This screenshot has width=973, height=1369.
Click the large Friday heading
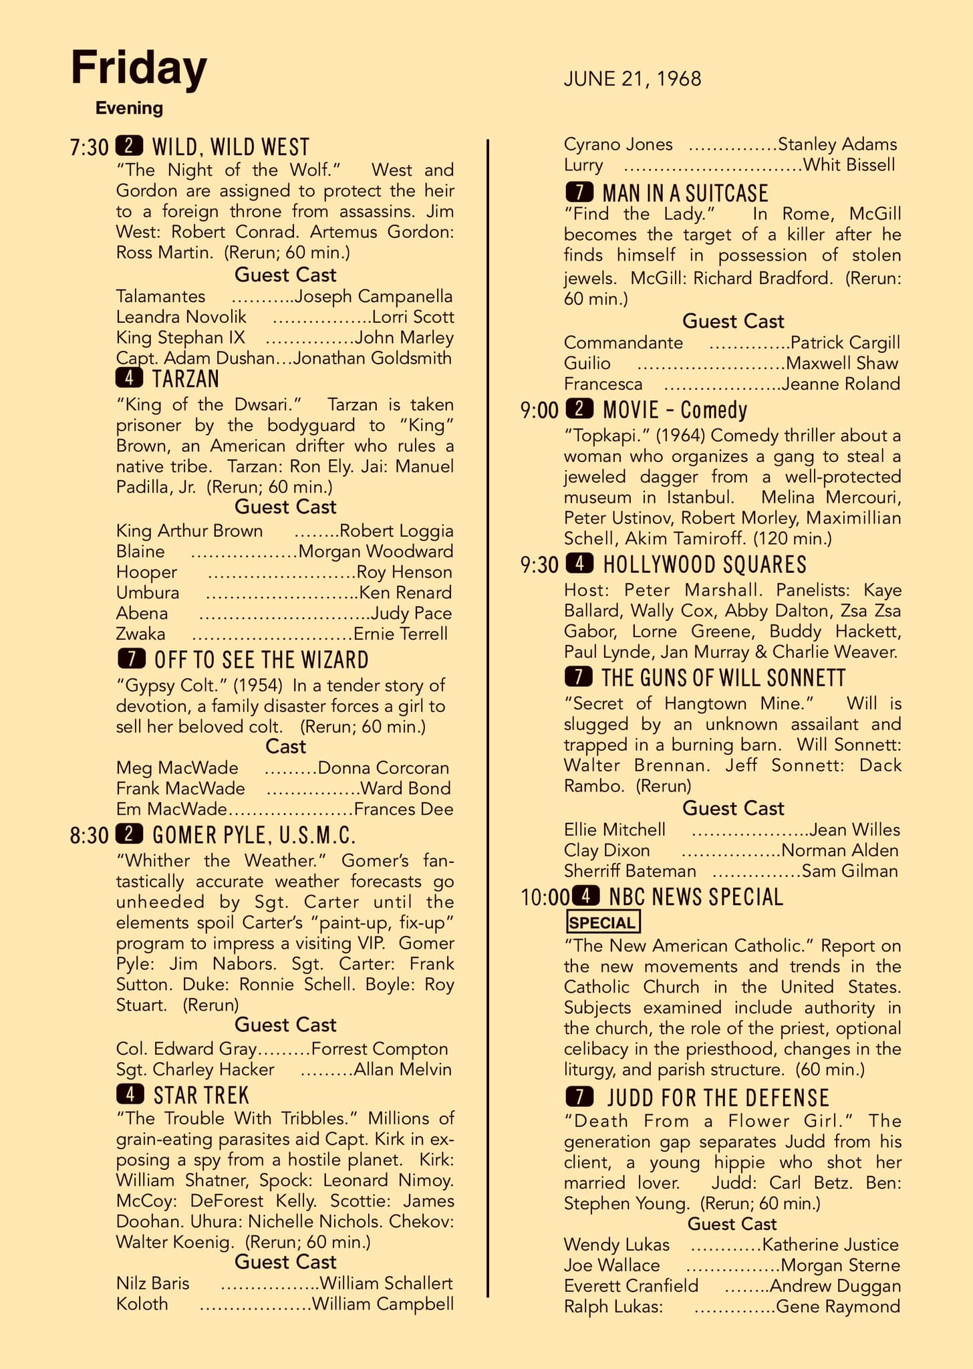coord(139,68)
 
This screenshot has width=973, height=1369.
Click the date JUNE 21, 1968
coord(632,79)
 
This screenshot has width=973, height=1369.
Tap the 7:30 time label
coord(89,147)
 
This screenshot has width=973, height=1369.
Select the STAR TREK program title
coord(201,1096)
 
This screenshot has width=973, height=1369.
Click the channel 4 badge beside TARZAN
coord(130,378)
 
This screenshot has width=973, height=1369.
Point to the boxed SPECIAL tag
coord(603,922)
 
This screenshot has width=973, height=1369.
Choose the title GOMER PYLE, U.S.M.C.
coord(254,835)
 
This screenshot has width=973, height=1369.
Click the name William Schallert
coord(386,1283)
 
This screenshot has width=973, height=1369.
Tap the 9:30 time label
coord(539,565)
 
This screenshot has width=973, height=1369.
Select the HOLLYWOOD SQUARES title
coord(704,565)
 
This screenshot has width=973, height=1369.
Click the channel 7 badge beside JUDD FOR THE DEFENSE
coord(579,1097)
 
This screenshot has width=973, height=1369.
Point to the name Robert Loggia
coord(396,531)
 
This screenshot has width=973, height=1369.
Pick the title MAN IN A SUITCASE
coord(685,193)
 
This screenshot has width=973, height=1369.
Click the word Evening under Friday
coord(129,108)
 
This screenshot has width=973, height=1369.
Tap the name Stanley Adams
coord(837,144)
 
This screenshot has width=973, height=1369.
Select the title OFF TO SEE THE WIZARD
coord(261,660)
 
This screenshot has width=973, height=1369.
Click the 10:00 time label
coord(545,897)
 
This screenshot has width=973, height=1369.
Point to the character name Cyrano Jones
coord(618,144)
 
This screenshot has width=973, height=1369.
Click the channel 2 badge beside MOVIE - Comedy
coord(579,408)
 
